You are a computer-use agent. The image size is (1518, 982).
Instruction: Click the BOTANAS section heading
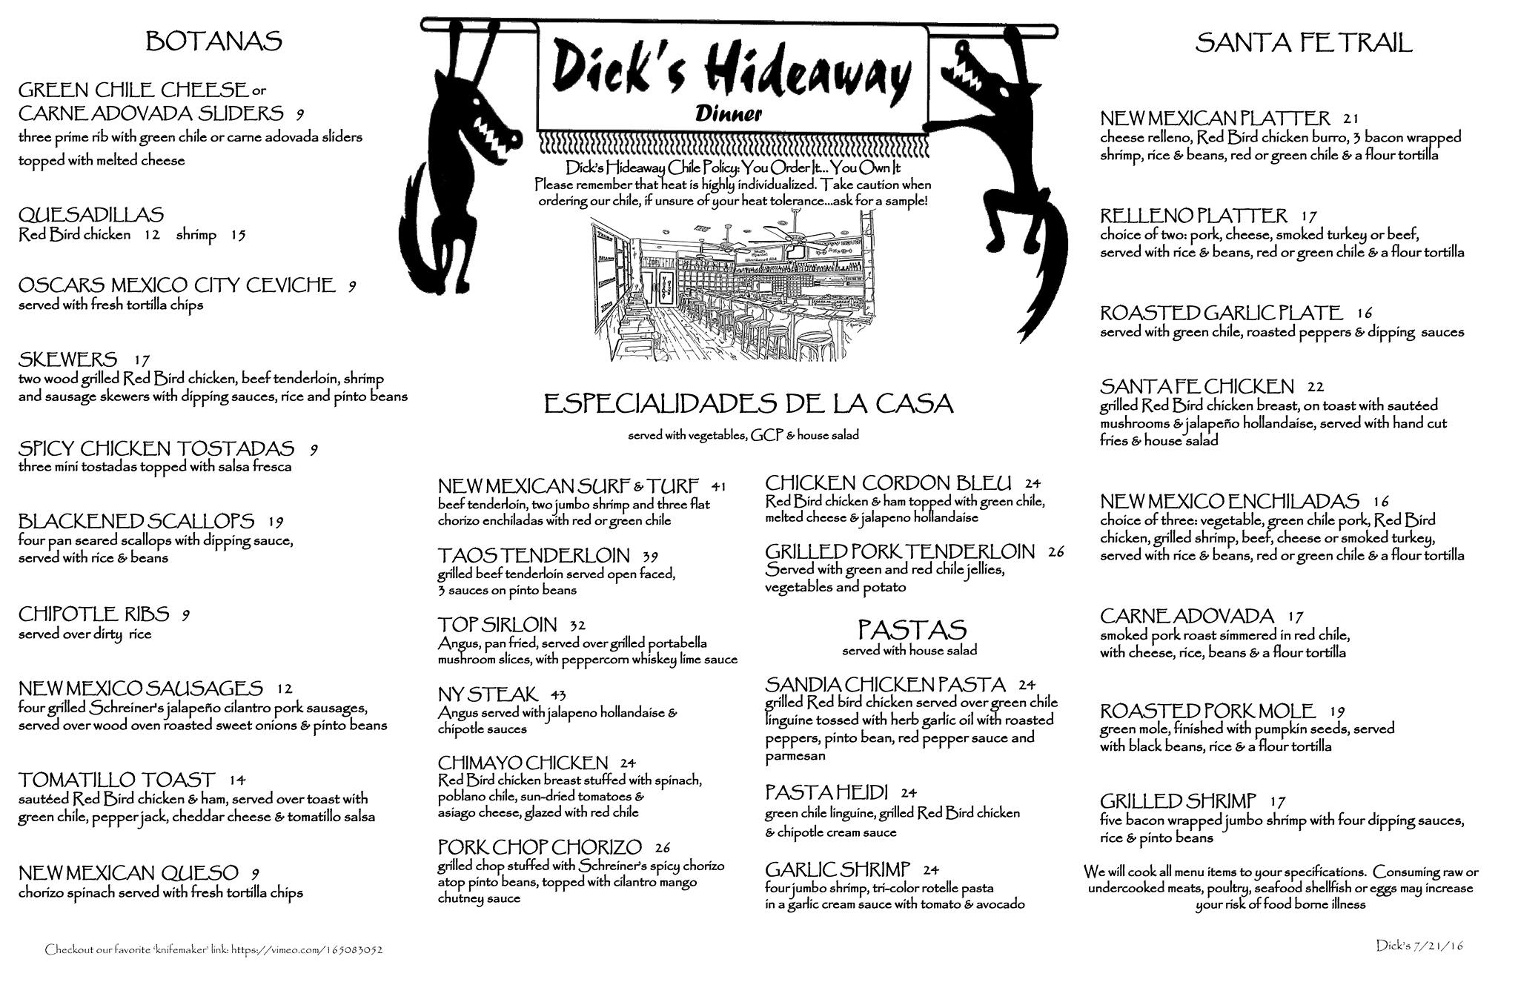click(x=213, y=42)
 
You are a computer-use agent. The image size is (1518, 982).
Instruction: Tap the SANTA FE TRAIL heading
click(x=1303, y=43)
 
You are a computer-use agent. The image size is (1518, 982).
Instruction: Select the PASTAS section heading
click(x=912, y=630)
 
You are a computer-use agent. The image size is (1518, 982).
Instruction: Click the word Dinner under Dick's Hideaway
click(x=729, y=113)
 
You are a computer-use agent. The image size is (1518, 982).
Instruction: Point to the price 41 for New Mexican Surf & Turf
click(x=717, y=487)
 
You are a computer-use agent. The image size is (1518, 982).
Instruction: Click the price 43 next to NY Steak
click(x=558, y=695)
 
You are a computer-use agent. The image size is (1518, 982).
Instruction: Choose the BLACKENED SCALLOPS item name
click(x=136, y=521)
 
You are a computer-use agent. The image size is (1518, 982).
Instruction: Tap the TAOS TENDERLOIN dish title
click(x=534, y=555)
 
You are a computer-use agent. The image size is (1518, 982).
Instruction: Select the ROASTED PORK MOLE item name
click(x=1207, y=711)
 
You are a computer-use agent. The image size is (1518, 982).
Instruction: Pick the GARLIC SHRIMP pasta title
click(x=838, y=869)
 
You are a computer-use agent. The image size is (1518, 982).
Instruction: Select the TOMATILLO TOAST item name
click(x=117, y=780)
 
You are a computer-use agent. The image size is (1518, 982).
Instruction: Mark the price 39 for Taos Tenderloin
click(x=650, y=557)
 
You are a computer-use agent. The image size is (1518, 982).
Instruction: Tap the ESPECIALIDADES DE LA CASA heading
click(x=748, y=405)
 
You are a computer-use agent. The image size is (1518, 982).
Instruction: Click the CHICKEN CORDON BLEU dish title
click(x=888, y=484)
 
